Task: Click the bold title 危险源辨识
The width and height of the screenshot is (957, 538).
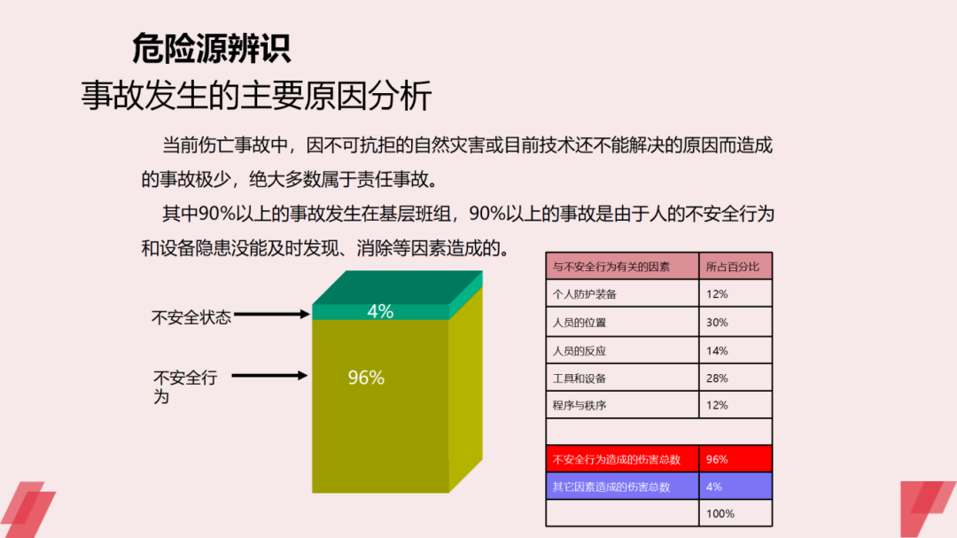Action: [211, 48]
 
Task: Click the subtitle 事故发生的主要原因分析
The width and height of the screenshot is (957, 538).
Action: [256, 96]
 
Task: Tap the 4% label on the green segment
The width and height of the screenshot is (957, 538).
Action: [380, 312]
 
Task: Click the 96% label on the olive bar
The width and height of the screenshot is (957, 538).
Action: [366, 378]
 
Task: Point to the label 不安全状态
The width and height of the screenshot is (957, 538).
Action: [191, 317]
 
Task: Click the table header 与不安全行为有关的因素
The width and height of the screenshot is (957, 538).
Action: [611, 266]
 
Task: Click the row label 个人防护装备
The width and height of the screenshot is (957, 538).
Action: [585, 294]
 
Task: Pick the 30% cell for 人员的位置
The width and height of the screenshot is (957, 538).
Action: [717, 323]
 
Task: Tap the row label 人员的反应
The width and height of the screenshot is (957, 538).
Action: [580, 351]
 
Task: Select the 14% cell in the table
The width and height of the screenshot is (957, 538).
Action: [717, 351]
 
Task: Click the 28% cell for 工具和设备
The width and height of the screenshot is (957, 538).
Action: [717, 378]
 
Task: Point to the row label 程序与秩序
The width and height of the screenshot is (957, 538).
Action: [580, 405]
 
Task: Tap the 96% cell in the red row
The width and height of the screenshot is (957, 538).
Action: [717, 459]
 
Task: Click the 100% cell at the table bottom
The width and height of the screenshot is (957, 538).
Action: [720, 513]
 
